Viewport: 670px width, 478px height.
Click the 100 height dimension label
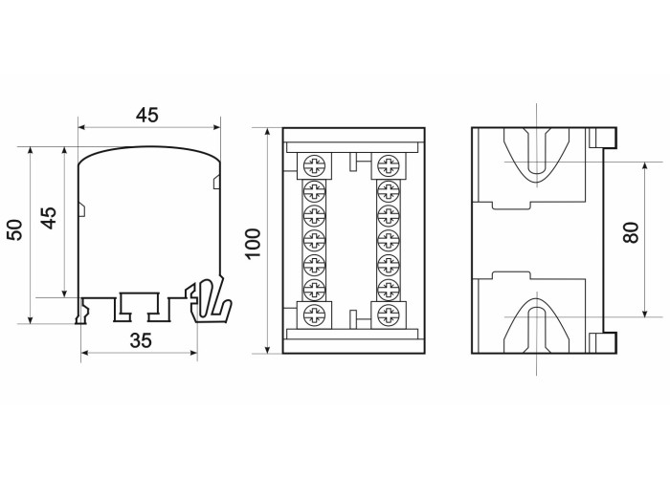pos(254,243)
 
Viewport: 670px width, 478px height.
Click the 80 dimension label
pos(631,232)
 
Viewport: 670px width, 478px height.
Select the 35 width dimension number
pos(141,340)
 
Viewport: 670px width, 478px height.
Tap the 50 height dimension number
pos(15,229)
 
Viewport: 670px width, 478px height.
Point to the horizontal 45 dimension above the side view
pos(147,115)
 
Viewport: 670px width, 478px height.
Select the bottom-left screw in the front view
pos(315,315)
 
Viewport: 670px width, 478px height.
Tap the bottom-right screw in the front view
pos(389,315)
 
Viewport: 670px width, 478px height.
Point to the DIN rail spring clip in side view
pos(211,301)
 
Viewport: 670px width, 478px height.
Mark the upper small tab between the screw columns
pos(355,162)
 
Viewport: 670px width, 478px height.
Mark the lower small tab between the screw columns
pos(355,318)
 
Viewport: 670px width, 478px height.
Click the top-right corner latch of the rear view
pos(603,138)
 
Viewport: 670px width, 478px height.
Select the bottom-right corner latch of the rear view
pos(603,343)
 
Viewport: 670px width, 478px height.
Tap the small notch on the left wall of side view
pos(81,209)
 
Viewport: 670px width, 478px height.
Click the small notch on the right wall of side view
pos(216,181)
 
